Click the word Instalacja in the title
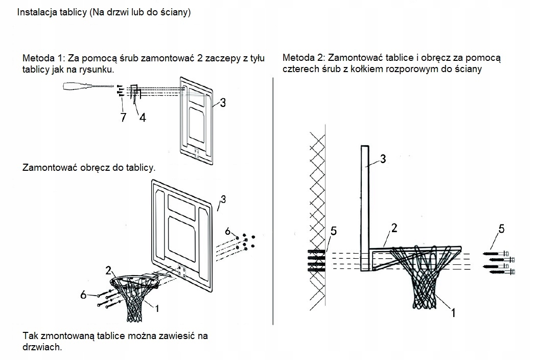coord(35,12)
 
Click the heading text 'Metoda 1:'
coord(41,58)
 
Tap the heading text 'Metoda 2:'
coord(300,57)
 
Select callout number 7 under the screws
coord(124,118)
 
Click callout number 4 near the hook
coord(143,118)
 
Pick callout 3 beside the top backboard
coord(223,103)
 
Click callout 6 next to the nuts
coord(228,231)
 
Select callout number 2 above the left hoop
coord(108,271)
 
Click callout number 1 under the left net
coord(157,308)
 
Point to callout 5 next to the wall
coord(333,231)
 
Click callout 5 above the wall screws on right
coord(501,229)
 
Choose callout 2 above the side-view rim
coord(394,228)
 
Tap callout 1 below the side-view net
coord(453,312)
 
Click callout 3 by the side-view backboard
coord(383,159)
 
